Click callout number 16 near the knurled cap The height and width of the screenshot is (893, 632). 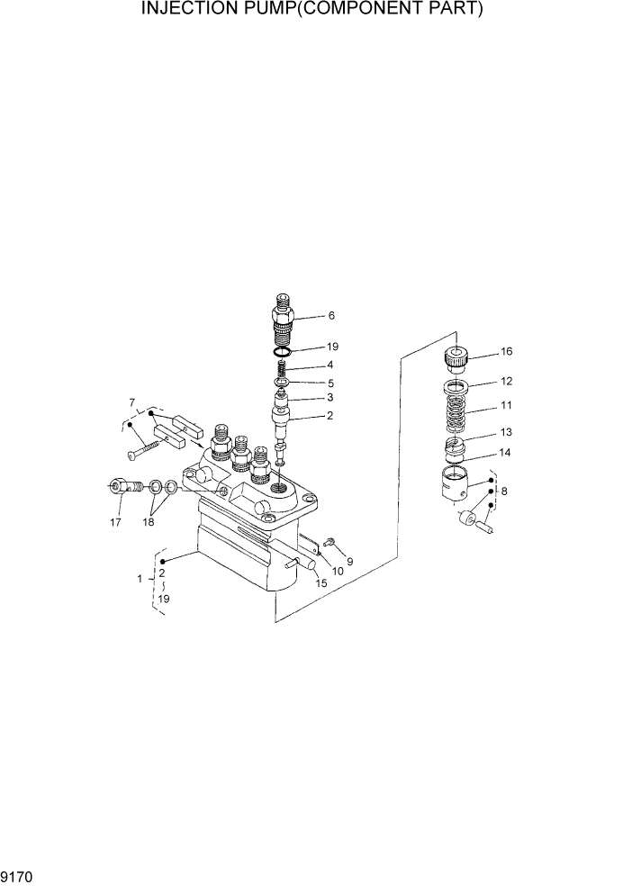(x=506, y=351)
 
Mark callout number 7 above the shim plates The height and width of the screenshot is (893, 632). (x=131, y=401)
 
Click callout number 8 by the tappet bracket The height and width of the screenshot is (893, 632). (x=502, y=492)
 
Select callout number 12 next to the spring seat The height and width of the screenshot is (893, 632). (x=506, y=381)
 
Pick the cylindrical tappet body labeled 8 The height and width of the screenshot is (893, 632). (x=458, y=485)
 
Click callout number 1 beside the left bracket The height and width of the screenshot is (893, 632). (x=140, y=579)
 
